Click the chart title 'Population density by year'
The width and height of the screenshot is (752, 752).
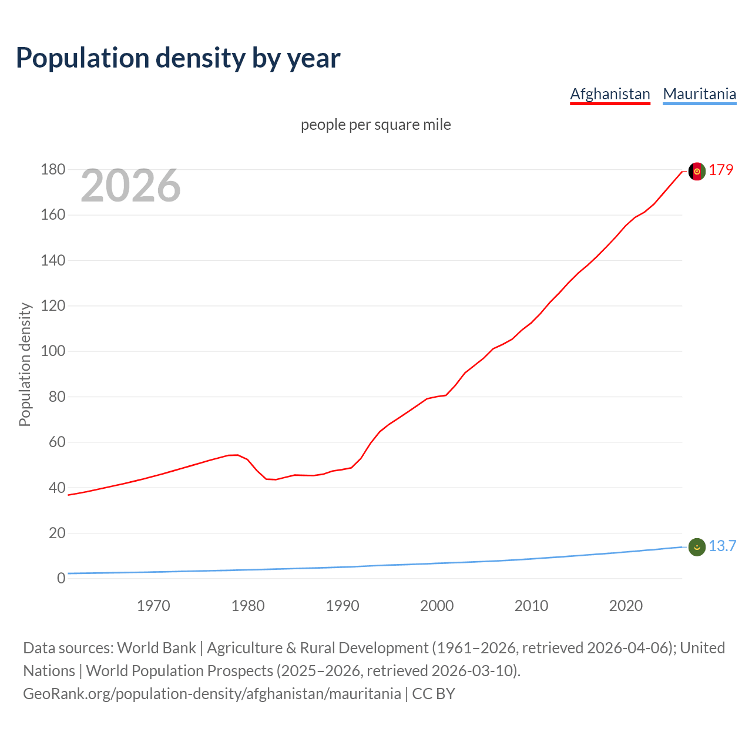pos(178,58)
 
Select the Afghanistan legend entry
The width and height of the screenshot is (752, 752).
pos(610,94)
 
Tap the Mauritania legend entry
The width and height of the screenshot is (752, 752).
pos(699,94)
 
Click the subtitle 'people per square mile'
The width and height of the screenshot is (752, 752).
pos(376,125)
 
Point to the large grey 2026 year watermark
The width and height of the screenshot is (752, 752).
pos(130,186)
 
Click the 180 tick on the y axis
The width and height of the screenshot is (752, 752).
pos(53,170)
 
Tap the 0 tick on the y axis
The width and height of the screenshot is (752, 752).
pos(61,578)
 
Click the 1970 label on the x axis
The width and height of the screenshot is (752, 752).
pos(153,606)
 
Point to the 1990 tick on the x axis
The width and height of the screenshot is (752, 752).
pos(343,606)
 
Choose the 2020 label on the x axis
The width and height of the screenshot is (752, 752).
pos(626,606)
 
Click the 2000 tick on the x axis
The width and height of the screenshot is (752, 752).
pos(437,606)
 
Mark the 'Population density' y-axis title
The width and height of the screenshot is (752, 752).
pos(25,364)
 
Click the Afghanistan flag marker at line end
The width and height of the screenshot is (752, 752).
pos(696,171)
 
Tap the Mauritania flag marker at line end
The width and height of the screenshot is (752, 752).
pos(696,547)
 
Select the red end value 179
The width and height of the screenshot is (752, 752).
pos(721,170)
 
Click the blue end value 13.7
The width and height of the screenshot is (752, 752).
pos(722,546)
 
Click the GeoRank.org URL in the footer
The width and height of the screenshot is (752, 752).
pos(212,694)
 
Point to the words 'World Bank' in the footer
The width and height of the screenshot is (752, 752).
pos(156,648)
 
